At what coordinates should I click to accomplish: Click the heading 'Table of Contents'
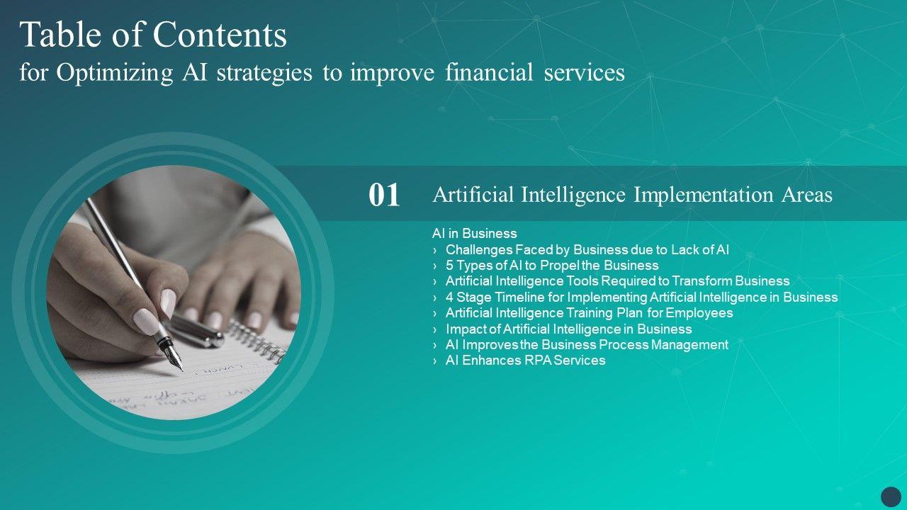(x=153, y=35)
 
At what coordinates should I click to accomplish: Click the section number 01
(x=384, y=195)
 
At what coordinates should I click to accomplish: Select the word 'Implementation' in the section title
(x=704, y=195)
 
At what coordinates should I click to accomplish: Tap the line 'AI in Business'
(x=475, y=233)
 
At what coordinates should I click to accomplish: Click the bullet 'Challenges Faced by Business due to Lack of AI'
(x=587, y=250)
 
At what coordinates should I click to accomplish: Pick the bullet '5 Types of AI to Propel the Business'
(x=552, y=266)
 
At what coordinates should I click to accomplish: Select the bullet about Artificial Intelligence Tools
(x=617, y=281)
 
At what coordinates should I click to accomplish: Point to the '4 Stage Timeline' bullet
(x=641, y=297)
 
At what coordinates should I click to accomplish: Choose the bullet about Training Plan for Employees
(x=589, y=313)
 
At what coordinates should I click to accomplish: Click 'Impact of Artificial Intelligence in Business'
(x=568, y=329)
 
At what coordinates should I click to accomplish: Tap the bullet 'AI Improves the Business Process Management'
(x=587, y=345)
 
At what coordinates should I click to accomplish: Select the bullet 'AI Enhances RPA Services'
(x=525, y=361)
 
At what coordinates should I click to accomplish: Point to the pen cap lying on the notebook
(x=196, y=331)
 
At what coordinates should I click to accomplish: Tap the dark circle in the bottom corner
(x=891, y=497)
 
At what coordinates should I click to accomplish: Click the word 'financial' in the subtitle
(x=489, y=73)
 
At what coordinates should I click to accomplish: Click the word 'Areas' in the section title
(x=806, y=195)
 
